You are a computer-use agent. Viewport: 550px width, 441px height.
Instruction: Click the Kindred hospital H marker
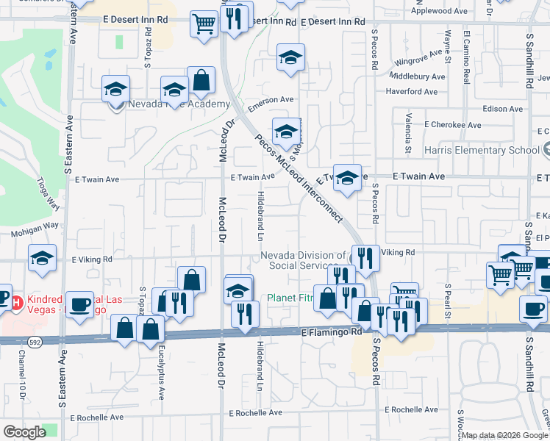coord(18,301)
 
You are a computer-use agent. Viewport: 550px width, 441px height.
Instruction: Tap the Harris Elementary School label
coord(482,150)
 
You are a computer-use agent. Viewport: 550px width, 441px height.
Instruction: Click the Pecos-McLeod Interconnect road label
coord(299,177)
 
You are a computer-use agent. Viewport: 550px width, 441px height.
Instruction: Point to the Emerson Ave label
coord(265,105)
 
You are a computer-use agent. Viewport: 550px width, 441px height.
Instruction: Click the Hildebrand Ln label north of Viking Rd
coord(260,213)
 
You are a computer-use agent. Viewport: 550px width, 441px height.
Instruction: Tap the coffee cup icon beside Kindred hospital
coord(79,303)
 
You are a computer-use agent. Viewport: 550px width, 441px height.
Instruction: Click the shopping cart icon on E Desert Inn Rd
coord(203,23)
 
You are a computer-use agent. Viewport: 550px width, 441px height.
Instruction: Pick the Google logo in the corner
coord(24,432)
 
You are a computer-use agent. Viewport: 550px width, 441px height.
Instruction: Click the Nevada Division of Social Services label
coord(304,260)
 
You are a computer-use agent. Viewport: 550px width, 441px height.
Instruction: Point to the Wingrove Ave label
coord(417,63)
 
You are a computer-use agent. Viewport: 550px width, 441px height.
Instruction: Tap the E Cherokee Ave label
coord(456,125)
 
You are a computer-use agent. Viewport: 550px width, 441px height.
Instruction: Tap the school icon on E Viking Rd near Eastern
coord(43,258)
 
